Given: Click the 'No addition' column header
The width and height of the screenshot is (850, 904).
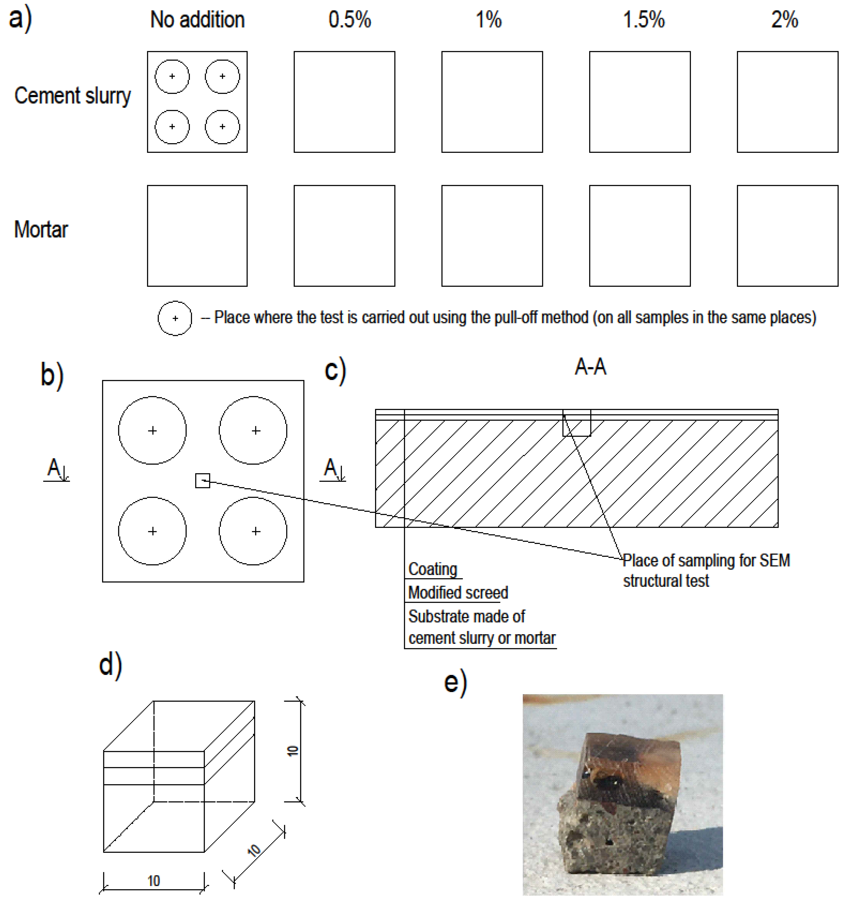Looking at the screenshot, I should click(197, 20).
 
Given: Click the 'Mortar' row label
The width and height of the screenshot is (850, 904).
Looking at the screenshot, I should click(41, 230).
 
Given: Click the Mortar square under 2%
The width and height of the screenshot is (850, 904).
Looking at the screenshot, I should click(787, 236).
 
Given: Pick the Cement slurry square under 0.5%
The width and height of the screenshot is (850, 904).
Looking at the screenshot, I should click(344, 102).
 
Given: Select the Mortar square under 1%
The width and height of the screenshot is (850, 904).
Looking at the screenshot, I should click(492, 236).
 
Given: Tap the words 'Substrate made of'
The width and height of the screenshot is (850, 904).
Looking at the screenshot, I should click(466, 616).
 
